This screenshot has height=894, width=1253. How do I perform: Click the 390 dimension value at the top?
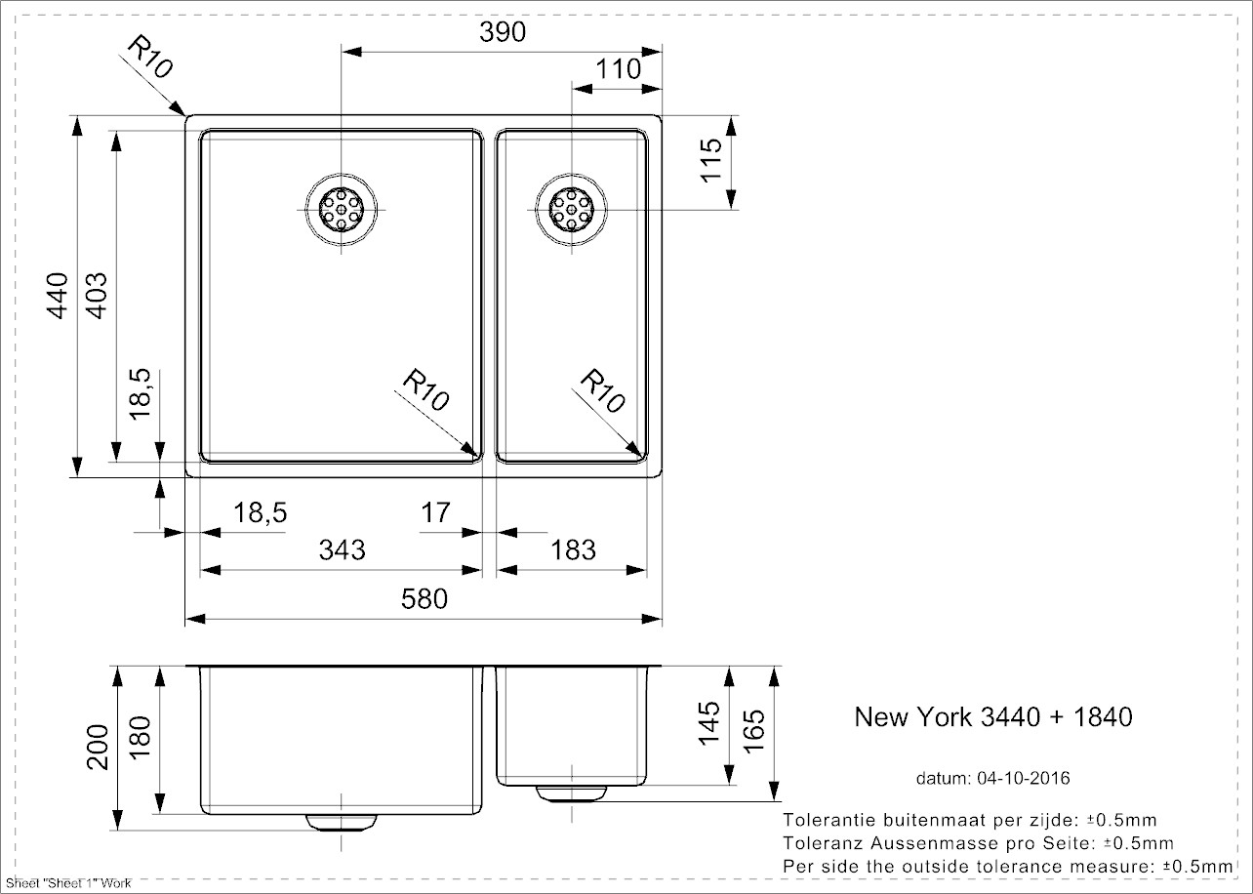click(504, 32)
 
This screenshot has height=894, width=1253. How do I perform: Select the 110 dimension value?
click(618, 69)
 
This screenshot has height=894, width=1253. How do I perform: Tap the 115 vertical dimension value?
click(710, 158)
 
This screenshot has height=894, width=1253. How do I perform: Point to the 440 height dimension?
click(58, 295)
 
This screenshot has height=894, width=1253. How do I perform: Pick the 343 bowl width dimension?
click(342, 549)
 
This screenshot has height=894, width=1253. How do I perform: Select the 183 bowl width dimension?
click(573, 549)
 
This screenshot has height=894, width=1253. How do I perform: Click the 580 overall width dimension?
click(424, 598)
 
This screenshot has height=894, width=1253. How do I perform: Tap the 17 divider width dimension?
click(436, 511)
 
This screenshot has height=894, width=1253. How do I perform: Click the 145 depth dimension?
click(709, 724)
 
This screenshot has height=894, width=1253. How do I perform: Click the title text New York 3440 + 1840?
click(993, 717)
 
